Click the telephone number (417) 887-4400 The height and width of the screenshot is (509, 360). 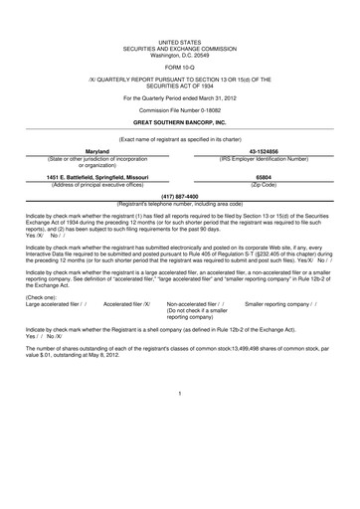tap(179, 196)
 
